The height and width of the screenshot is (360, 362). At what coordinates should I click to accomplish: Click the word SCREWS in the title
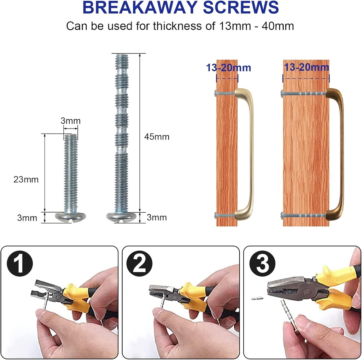240,7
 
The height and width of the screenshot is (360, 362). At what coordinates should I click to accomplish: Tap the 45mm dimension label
157,137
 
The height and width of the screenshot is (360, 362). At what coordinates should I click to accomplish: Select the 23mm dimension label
26,179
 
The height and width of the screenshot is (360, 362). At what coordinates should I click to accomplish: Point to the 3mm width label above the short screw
70,121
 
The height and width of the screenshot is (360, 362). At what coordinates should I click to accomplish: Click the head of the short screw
70,217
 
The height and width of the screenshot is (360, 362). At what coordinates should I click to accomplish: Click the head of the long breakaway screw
122,217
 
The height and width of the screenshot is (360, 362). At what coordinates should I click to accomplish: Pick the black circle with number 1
20,264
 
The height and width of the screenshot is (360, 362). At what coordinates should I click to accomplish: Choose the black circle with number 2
139,264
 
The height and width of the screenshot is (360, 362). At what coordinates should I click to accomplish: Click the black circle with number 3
263,264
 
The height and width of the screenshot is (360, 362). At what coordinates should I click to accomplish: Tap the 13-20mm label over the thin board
228,67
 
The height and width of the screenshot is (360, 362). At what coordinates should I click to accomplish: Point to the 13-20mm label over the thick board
306,67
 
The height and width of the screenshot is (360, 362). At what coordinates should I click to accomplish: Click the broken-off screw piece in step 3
257,299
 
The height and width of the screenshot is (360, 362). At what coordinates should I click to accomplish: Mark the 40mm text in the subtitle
278,26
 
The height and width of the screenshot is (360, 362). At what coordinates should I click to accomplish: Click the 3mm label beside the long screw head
157,217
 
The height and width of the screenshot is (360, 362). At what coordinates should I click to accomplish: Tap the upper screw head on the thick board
282,93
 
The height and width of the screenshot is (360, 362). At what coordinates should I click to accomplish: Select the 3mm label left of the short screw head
27,218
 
